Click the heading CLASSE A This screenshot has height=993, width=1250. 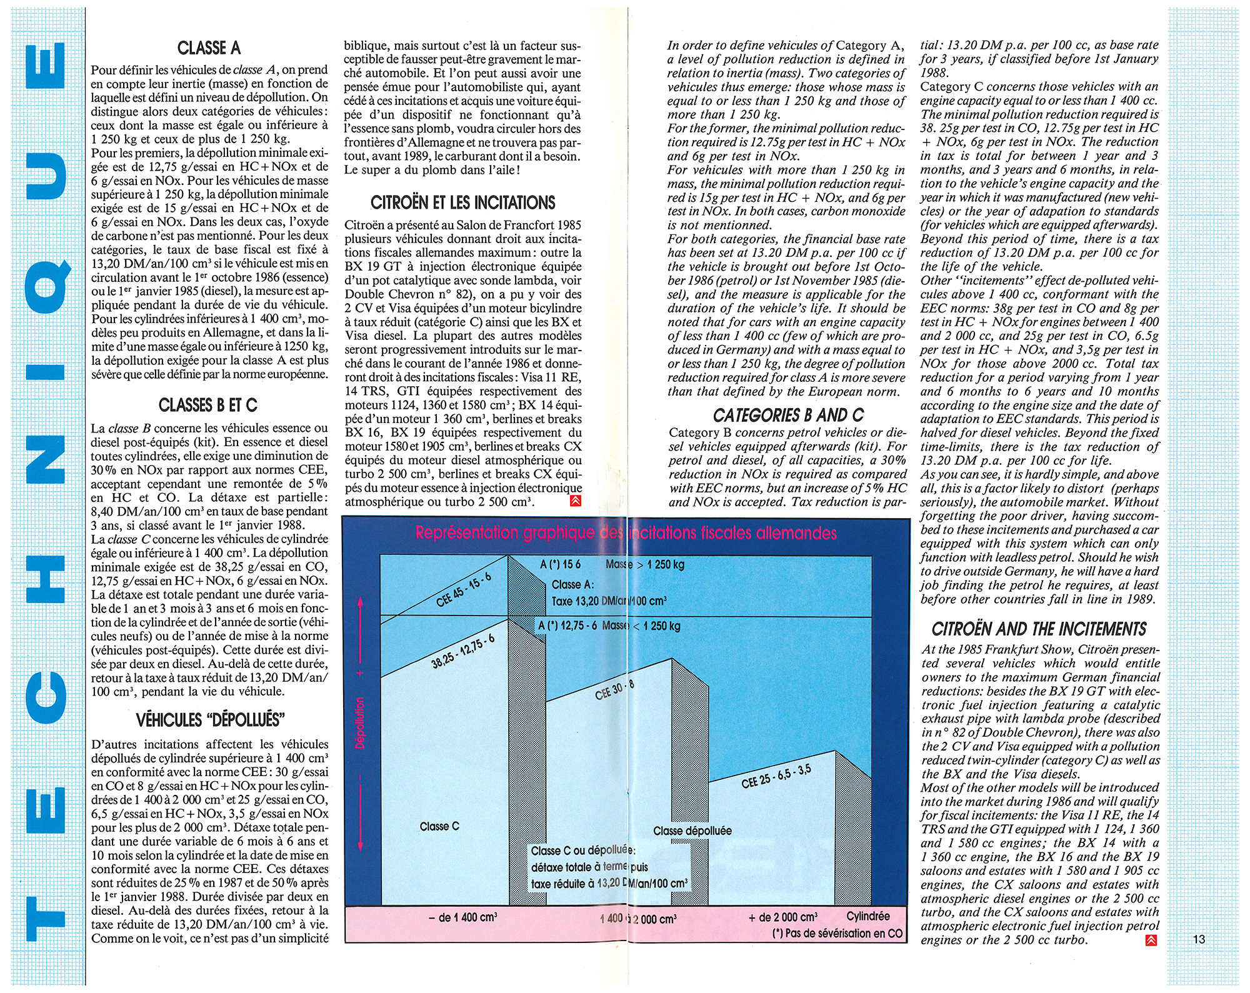coord(209,48)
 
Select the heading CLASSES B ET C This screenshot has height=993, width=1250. coord(208,406)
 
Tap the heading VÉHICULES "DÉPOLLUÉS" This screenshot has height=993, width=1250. coord(210,721)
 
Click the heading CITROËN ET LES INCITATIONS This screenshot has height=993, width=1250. coord(462,203)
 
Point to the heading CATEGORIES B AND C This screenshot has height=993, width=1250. coord(788,416)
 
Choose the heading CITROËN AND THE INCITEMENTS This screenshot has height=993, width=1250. coord(1039,629)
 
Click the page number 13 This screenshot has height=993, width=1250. coord(1198,939)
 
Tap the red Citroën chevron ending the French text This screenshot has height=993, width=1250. coord(576,501)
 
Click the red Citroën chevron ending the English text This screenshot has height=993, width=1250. coord(1151,941)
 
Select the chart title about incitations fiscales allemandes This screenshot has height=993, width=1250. coord(626,533)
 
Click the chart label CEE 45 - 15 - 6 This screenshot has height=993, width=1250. coord(464,590)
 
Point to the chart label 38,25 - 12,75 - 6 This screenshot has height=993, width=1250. coord(463,651)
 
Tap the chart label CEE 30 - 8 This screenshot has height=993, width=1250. coord(614,690)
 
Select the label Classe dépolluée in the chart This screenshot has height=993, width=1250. coord(692,831)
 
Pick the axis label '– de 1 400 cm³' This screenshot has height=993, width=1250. coord(462,917)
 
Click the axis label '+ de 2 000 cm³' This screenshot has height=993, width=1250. coord(782,917)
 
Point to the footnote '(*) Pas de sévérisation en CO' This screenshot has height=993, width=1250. coord(837,933)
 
